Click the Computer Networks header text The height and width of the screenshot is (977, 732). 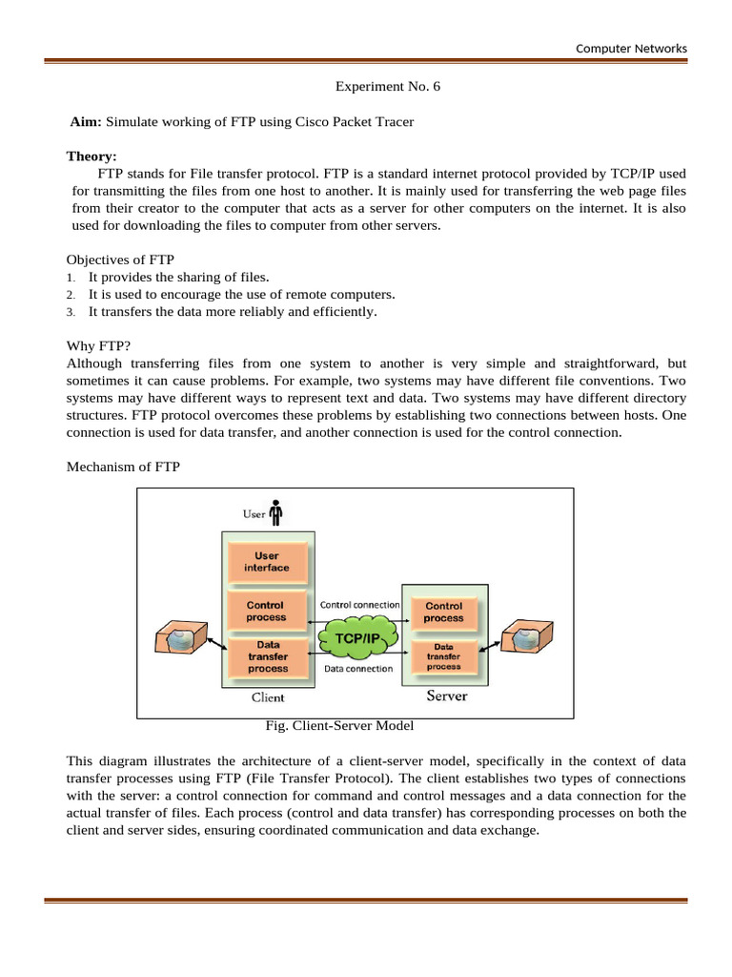(631, 49)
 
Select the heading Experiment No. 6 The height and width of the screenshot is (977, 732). (388, 87)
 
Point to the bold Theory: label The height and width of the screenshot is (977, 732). (91, 156)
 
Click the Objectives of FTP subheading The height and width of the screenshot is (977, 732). (120, 260)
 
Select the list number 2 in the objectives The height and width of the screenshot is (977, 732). (71, 295)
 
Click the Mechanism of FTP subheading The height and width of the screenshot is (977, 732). (123, 467)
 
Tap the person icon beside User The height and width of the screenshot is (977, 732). (276, 513)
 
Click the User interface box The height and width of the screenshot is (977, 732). (267, 562)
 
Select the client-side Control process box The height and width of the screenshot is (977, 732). (266, 611)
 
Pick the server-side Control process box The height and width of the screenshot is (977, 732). (444, 612)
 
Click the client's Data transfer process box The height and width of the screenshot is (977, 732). (267, 656)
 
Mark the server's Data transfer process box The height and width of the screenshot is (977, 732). (444, 656)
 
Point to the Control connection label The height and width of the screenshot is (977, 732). (359, 604)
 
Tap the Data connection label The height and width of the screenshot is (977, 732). (358, 669)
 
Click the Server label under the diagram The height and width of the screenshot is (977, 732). (446, 696)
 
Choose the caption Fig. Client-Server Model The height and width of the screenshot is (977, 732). (339, 726)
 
